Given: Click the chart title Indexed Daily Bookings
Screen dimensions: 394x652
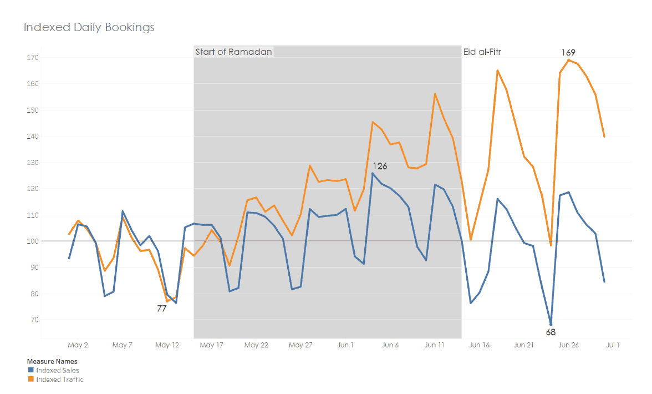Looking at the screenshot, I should tap(89, 27).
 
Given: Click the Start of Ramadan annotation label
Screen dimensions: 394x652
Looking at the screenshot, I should tap(233, 52).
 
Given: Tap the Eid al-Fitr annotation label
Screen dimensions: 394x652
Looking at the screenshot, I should tap(482, 52).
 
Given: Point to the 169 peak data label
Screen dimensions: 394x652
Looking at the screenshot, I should tap(568, 52).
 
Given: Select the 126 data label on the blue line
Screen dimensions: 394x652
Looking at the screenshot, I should tap(380, 166).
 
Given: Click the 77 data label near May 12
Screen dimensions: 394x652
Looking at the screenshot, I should tap(161, 309).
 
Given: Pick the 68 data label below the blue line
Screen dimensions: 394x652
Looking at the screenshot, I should tap(551, 332).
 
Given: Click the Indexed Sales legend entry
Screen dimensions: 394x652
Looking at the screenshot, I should tap(58, 370).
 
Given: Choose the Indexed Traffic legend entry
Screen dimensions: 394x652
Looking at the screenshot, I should tap(59, 380).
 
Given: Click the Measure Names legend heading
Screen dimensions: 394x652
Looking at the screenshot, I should tap(52, 361).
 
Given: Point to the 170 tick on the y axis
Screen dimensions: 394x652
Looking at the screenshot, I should tap(31, 57).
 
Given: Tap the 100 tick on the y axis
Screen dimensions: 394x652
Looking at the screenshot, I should tap(31, 241).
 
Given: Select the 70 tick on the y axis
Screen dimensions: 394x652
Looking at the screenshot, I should tap(33, 320).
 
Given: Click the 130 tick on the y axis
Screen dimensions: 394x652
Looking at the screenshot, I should tap(31, 163).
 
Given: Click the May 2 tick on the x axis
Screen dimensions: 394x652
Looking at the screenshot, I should tap(78, 345).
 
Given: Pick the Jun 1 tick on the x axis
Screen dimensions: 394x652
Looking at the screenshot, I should tap(345, 345).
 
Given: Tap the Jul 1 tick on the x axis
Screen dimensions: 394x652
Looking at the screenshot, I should tap(613, 345).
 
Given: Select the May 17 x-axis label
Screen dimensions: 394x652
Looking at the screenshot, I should tap(211, 345).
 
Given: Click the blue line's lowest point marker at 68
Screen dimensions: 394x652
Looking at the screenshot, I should tap(551, 324).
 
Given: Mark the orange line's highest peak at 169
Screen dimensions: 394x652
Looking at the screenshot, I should tap(569, 60).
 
